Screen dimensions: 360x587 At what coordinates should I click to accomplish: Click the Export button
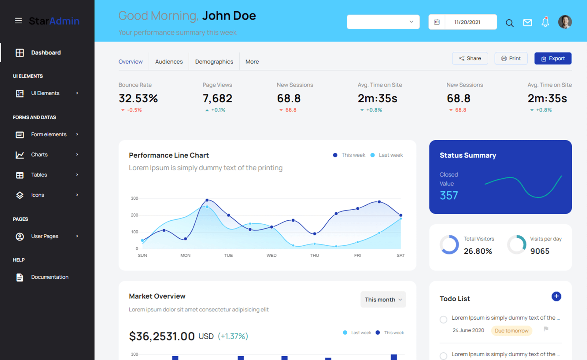click(553, 58)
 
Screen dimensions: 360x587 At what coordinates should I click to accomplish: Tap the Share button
click(470, 58)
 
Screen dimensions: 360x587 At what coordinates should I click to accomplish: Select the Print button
click(511, 58)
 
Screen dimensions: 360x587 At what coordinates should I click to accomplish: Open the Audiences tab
click(169, 62)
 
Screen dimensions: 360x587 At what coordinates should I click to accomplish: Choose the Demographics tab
click(214, 62)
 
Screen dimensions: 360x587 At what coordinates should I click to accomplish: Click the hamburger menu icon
click(18, 21)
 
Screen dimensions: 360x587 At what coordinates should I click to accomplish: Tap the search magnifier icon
click(509, 23)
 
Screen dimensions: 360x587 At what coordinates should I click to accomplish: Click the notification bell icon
click(545, 22)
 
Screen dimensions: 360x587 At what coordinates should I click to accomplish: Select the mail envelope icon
click(527, 22)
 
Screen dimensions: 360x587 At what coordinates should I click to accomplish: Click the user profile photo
click(565, 22)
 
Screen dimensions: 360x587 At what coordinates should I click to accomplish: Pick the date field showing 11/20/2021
click(467, 22)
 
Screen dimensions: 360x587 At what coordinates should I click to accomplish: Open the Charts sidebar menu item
click(39, 155)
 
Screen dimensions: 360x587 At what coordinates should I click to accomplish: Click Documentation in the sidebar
click(50, 277)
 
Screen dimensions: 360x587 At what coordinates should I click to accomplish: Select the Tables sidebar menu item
click(39, 175)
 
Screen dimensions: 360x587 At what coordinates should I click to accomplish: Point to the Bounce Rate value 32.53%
click(138, 98)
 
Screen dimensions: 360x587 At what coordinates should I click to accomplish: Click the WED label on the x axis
click(271, 255)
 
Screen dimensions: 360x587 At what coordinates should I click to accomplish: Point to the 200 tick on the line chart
click(135, 215)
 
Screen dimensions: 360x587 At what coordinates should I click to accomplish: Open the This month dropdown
click(383, 299)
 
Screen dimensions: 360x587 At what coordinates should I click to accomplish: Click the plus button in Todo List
click(556, 296)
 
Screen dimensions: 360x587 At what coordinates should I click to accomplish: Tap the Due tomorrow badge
click(511, 331)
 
